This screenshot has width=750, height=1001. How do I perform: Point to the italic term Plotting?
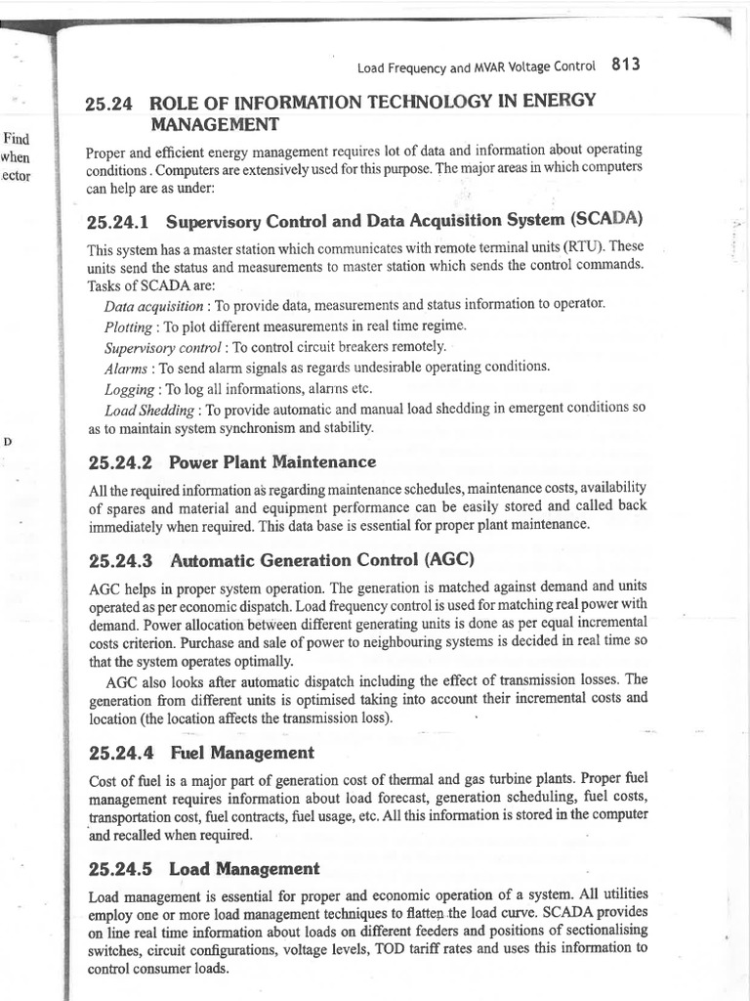coord(128,326)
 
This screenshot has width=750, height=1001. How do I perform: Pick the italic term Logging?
coord(128,388)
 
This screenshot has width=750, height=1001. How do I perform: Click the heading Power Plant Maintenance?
coord(271,461)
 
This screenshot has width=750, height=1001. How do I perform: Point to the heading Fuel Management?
coord(241,753)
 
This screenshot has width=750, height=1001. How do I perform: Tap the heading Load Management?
coord(244,868)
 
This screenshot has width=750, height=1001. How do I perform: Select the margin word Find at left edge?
coord(18,140)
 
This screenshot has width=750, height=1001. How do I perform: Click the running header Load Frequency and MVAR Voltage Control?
coord(476,67)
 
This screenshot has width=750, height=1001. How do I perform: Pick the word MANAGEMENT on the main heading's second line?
coord(214,124)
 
